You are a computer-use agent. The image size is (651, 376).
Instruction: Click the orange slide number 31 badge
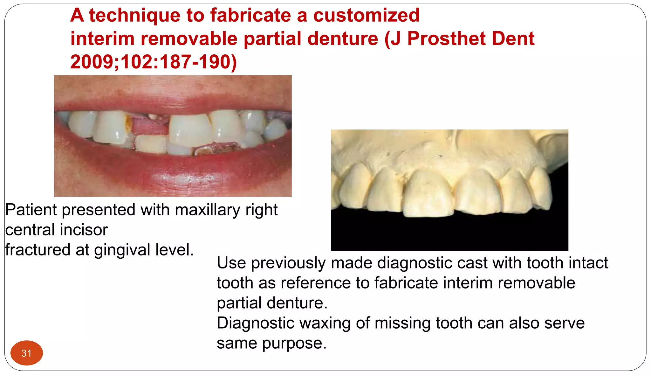pos(26,353)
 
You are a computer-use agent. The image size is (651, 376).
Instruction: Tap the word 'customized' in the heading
pos(366,15)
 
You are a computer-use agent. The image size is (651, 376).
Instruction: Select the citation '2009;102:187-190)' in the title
pos(154,62)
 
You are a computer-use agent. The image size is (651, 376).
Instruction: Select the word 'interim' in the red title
pos(102,38)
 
